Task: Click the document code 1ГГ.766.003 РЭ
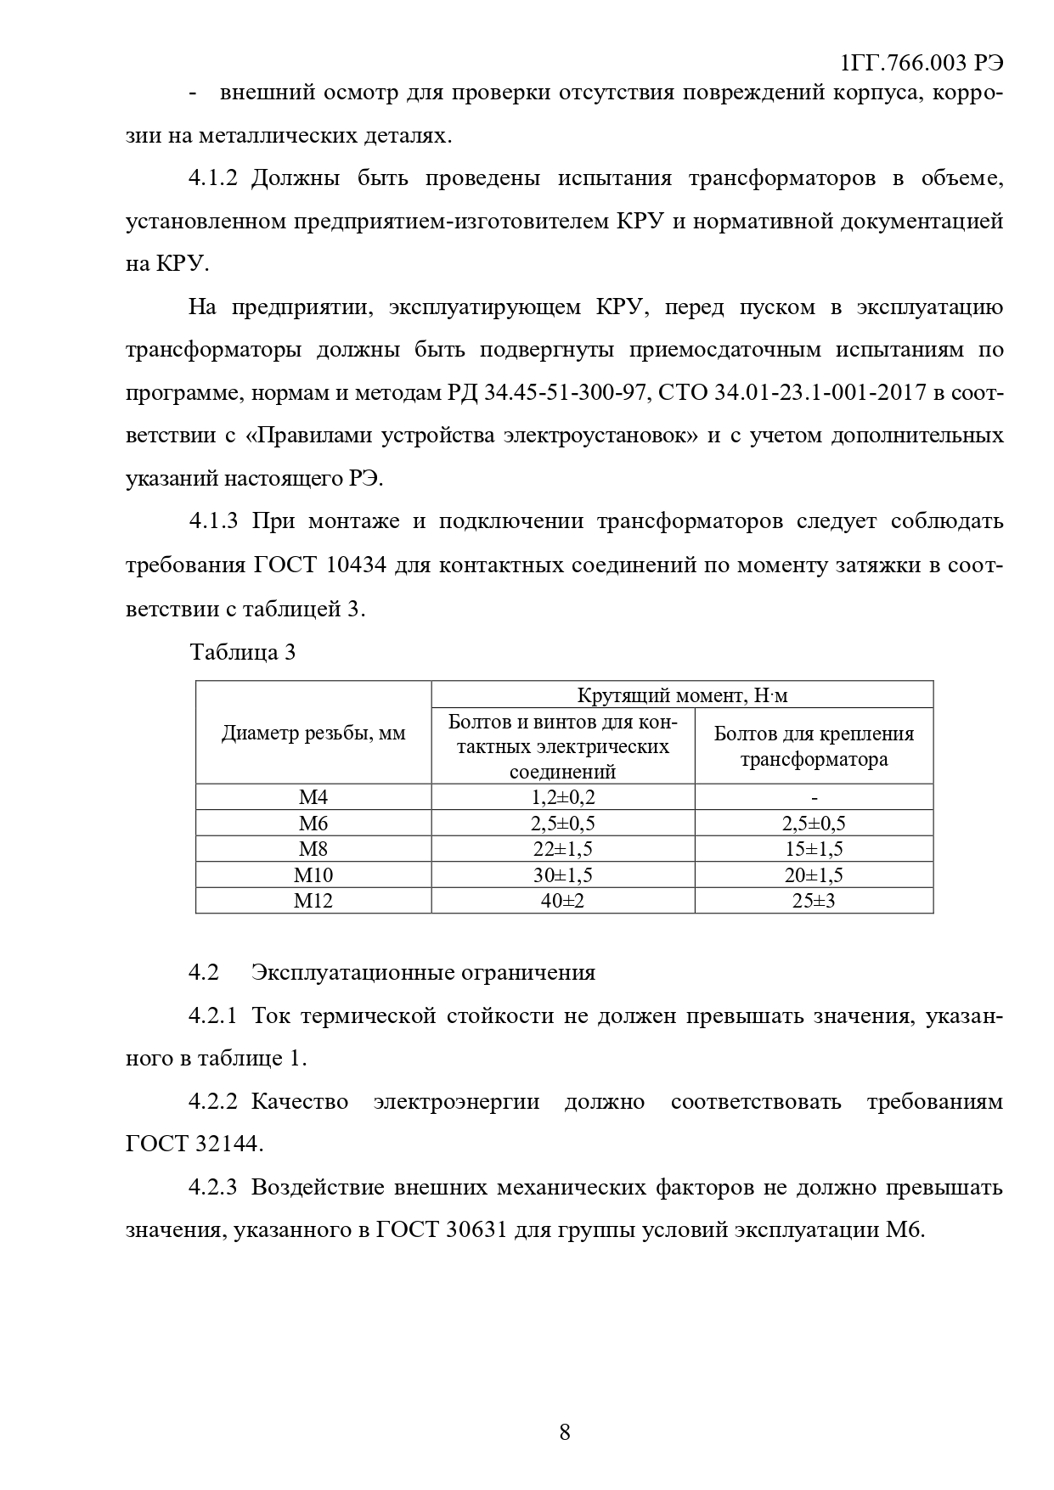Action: (x=921, y=65)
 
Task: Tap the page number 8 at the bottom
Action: (x=565, y=1433)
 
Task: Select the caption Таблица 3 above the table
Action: (x=243, y=652)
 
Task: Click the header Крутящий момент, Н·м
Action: (x=682, y=695)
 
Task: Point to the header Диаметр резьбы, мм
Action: (x=313, y=734)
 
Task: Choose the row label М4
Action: (x=313, y=797)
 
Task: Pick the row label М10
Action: (x=313, y=875)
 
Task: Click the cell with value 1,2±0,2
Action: (x=563, y=797)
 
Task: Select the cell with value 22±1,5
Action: (x=563, y=849)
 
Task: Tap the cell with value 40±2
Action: (x=563, y=901)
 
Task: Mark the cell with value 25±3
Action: (x=814, y=901)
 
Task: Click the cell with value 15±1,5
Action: (x=814, y=849)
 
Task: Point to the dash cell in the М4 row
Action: (x=814, y=797)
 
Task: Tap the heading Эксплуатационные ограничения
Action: (x=423, y=972)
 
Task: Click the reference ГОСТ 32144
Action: (x=194, y=1144)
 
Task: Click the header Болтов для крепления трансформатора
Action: (x=814, y=746)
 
